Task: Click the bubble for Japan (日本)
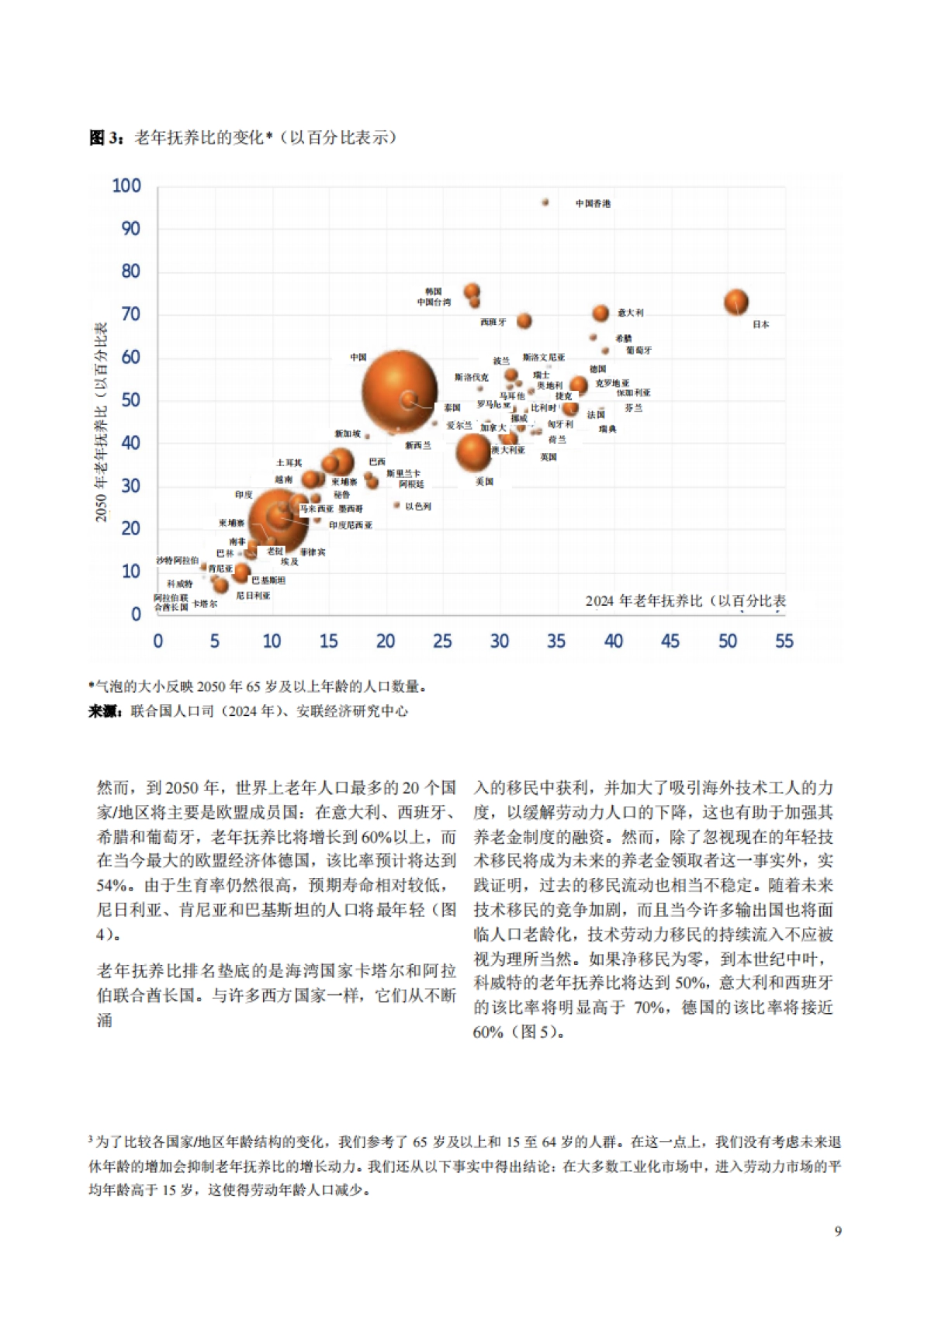[735, 302]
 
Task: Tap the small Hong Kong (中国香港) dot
[545, 202]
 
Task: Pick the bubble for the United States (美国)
[473, 452]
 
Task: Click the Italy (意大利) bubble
[600, 313]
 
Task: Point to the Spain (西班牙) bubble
[524, 320]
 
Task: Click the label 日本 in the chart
[760, 324]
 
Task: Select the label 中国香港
[593, 203]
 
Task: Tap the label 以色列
[418, 506]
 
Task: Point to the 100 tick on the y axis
[126, 186]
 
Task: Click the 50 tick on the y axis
[130, 400]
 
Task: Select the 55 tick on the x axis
[784, 641]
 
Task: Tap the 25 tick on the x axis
[442, 641]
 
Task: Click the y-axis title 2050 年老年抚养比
[101, 422]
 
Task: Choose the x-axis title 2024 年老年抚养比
[685, 600]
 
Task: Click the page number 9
[837, 1231]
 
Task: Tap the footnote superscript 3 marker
[91, 1139]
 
